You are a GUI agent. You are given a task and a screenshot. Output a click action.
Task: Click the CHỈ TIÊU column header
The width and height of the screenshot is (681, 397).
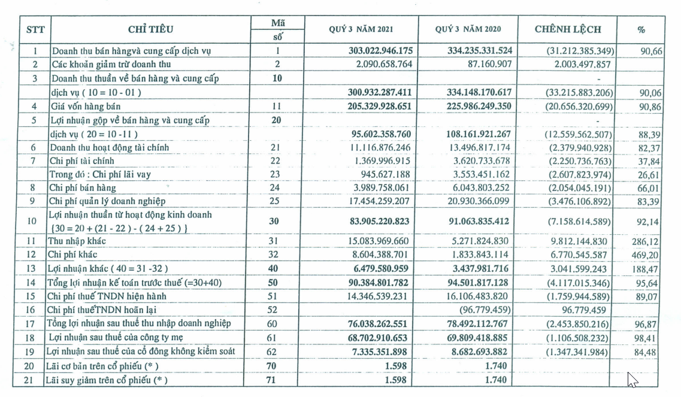(150, 29)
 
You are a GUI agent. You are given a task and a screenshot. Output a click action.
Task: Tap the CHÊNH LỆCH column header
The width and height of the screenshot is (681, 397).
(567, 29)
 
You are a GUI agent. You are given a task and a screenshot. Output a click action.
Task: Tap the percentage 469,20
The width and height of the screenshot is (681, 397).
(649, 254)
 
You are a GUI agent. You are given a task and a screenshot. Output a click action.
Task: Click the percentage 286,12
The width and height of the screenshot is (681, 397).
(649, 241)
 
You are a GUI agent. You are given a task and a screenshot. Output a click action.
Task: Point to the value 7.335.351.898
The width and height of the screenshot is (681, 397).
(377, 351)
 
